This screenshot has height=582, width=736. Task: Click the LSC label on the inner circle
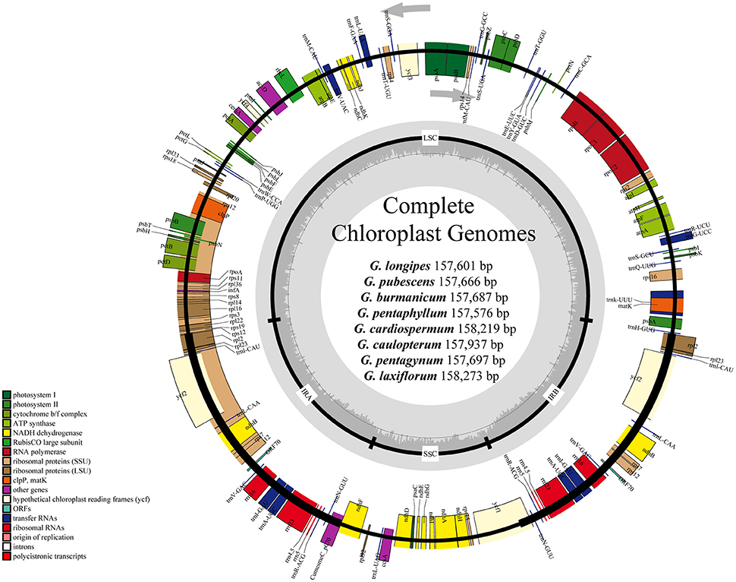429,141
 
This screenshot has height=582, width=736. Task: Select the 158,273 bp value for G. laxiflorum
464,375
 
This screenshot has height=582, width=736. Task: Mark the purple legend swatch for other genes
5,489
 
